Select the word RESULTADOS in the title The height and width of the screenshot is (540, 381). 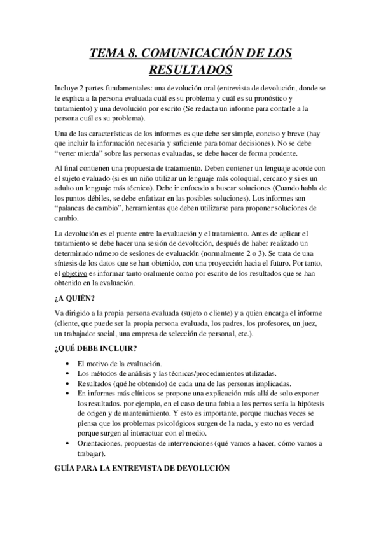[x=190, y=68]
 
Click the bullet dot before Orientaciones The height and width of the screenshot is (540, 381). [x=68, y=443]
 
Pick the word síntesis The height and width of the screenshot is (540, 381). [x=69, y=262]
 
